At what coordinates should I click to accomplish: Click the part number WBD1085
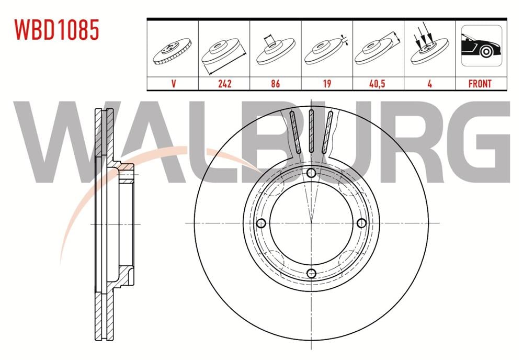coord(57,30)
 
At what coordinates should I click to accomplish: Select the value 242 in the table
coord(224,83)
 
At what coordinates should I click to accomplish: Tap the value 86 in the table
coord(275,83)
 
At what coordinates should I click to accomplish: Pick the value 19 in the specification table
coord(327,83)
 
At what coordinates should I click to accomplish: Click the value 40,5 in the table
coord(378,83)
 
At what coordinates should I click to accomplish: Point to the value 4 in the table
coord(429,83)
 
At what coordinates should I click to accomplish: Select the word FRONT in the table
coord(480,83)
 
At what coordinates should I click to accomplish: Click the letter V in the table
coord(173,83)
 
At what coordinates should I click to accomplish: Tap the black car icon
coord(480,49)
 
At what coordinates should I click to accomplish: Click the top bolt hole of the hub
coord(311,174)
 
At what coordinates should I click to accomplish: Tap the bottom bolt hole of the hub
coord(311,273)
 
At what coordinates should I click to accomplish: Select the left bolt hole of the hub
coord(261,223)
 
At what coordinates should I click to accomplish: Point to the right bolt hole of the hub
coord(361,223)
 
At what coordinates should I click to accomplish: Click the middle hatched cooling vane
coord(311,132)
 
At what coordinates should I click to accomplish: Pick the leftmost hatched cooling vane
coord(294,132)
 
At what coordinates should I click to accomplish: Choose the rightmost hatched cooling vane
coord(328,132)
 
